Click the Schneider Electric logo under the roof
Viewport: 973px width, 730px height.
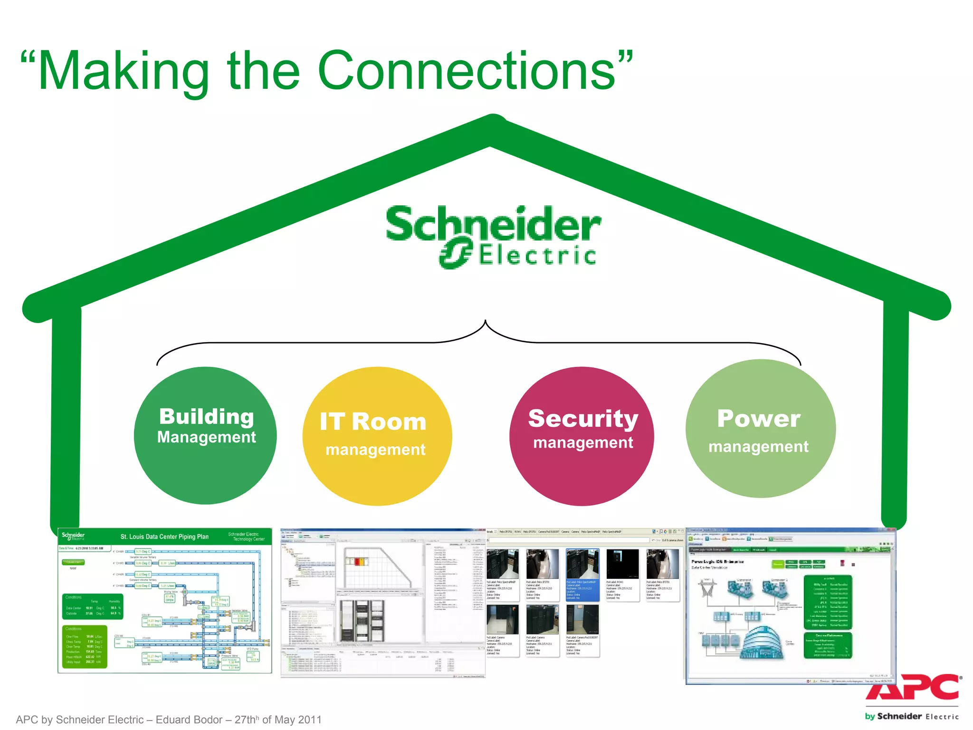(x=493, y=237)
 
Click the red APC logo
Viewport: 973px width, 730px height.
(x=912, y=687)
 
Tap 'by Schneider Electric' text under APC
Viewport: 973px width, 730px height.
(x=911, y=716)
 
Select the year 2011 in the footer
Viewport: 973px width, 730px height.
(x=310, y=720)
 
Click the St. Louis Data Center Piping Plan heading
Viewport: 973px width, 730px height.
(x=164, y=537)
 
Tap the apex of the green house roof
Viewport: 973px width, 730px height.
(x=493, y=119)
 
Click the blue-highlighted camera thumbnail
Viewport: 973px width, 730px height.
(x=582, y=564)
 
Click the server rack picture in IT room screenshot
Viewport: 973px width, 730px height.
(x=362, y=621)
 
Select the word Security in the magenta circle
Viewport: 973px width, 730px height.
(x=583, y=419)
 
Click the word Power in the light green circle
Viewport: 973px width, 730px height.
(x=759, y=419)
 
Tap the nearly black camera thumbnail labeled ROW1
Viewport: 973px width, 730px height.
(x=622, y=564)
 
